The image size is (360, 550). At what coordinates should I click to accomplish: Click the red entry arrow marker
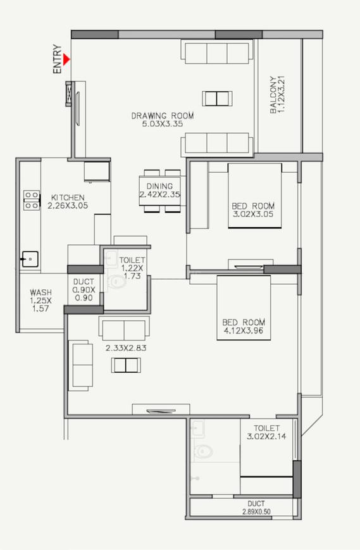pos(66,60)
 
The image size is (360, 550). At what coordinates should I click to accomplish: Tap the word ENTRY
pos(58,59)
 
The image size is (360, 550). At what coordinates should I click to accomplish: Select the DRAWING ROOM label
pos(163,116)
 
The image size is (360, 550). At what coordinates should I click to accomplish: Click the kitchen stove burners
pos(30,199)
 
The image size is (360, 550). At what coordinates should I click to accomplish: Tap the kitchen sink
pos(29,258)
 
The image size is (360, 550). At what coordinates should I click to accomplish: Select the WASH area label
pos(40,293)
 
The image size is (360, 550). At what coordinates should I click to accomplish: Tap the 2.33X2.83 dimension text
pos(126,347)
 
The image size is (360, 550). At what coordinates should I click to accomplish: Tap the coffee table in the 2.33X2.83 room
pos(125,365)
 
